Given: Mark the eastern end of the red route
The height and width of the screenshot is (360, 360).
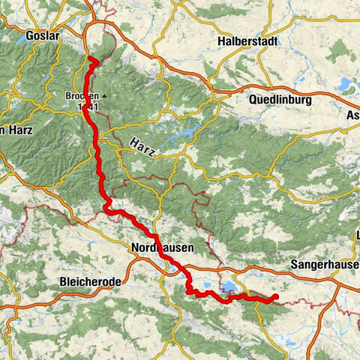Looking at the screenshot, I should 277,297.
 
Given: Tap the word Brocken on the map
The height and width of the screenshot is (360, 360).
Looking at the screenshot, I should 82,97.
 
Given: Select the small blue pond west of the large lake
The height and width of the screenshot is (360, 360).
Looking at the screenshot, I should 193,285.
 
